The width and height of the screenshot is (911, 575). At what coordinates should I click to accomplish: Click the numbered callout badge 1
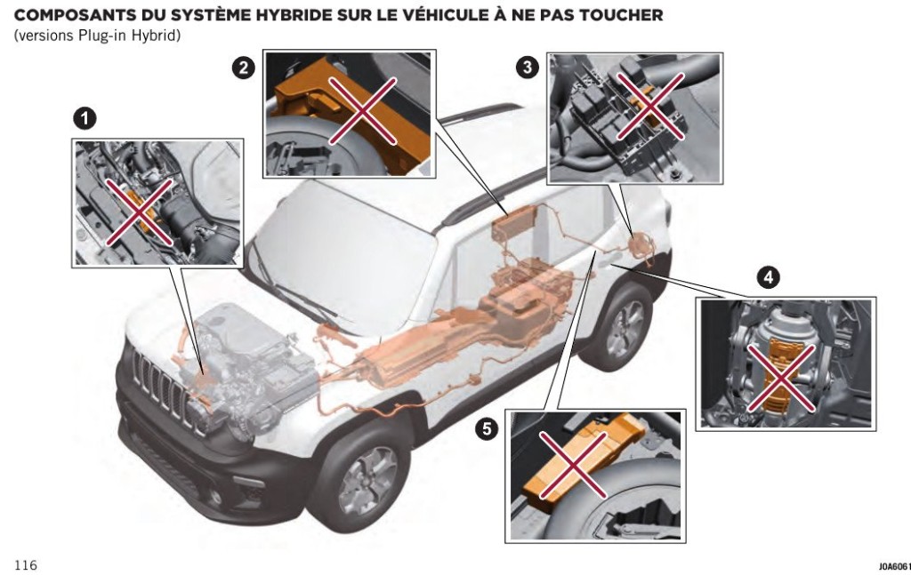85,118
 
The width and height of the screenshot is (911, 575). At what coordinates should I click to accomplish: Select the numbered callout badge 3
528,68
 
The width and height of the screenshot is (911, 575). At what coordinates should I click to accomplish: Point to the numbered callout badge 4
767,278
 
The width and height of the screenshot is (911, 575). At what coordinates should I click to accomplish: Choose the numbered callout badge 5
486,429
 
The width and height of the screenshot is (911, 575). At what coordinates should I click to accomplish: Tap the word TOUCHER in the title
624,15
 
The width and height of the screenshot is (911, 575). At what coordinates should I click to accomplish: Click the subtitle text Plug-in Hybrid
133,35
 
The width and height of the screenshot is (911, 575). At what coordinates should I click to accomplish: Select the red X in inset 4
781,378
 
